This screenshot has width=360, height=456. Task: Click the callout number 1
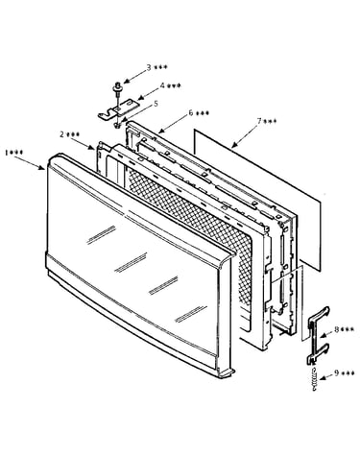point(7,153)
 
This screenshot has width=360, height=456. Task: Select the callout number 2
point(62,134)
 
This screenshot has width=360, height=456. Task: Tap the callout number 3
point(149,67)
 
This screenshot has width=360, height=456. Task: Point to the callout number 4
point(162,85)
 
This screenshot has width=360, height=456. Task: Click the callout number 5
point(156,104)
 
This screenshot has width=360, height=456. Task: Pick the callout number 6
point(191,113)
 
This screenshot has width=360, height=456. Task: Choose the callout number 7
point(259,121)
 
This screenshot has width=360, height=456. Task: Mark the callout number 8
point(337,330)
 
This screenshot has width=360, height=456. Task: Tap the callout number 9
point(337,373)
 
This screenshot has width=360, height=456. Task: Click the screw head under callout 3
point(118,86)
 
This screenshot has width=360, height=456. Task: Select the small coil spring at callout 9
point(315,378)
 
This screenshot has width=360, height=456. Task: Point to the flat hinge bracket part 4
point(118,110)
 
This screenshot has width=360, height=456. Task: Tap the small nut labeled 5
point(117,125)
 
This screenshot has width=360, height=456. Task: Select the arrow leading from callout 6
point(172,124)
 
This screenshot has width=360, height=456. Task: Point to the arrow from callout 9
point(326,376)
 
